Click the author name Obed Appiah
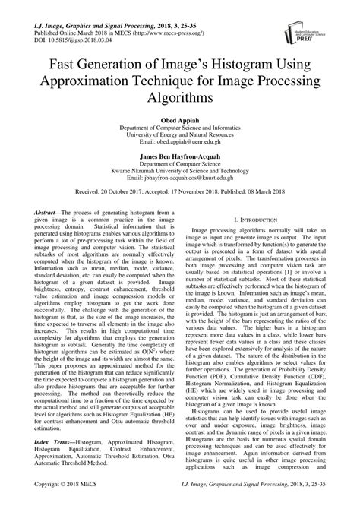179,120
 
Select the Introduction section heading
261,219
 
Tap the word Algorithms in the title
179,100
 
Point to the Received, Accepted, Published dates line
179,194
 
